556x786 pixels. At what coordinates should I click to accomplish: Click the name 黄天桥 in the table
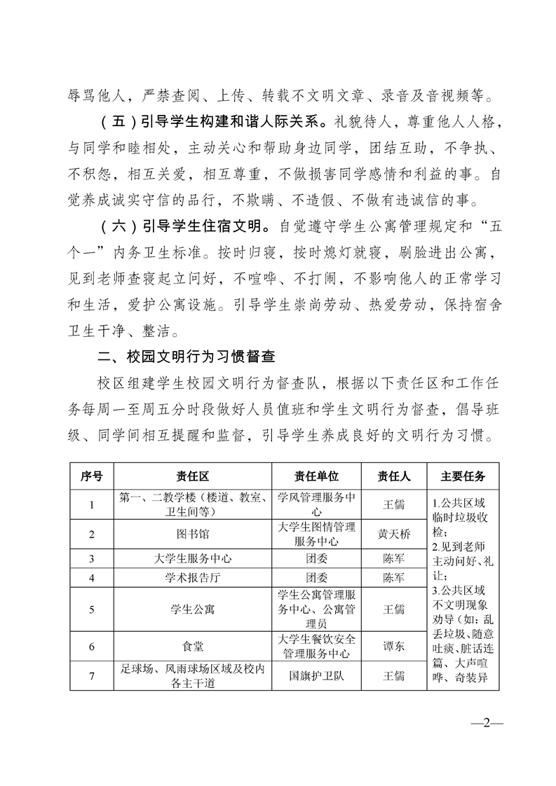(394, 534)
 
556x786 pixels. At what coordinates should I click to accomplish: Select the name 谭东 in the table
(394, 646)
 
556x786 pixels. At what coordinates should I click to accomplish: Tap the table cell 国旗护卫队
(316, 676)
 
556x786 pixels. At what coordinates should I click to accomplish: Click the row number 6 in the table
(92, 646)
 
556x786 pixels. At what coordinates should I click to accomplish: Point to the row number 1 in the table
(92, 504)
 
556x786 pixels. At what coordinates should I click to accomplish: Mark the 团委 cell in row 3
(316, 559)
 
